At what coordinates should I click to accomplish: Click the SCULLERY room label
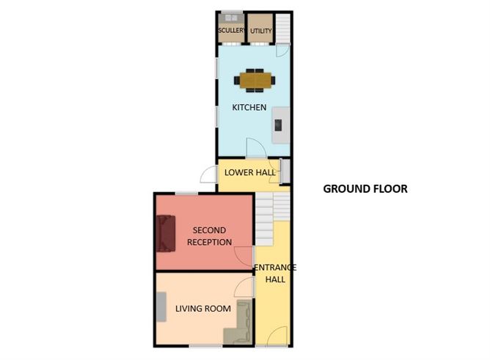(x=231, y=31)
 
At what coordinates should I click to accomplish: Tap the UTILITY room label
(x=260, y=31)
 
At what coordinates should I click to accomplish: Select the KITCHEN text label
(x=249, y=108)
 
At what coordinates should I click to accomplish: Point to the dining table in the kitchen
(x=255, y=78)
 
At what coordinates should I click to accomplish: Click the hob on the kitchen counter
(x=279, y=125)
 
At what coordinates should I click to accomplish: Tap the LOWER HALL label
(x=250, y=173)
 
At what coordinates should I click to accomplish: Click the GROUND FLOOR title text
(x=365, y=188)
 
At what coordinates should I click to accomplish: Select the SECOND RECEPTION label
(x=210, y=236)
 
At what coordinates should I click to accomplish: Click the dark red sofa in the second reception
(x=164, y=232)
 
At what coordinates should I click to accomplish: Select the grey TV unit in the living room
(x=161, y=306)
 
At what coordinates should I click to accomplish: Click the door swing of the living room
(x=245, y=287)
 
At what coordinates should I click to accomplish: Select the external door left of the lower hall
(x=208, y=176)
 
